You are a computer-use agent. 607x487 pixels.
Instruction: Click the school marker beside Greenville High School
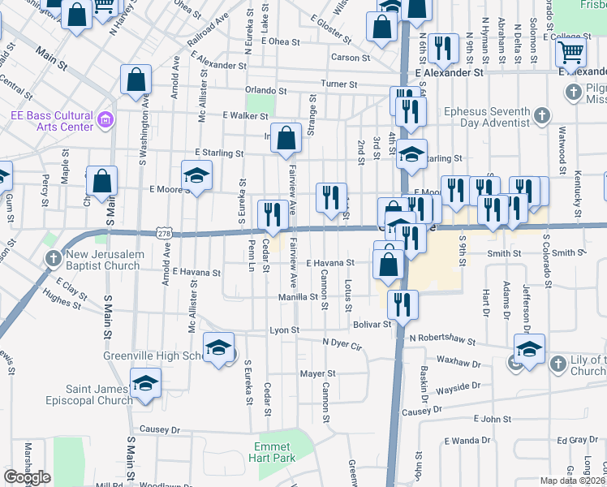(x=217, y=347)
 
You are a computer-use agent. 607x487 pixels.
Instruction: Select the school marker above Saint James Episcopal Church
(x=145, y=383)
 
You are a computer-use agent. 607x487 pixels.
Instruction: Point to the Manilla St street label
(x=299, y=297)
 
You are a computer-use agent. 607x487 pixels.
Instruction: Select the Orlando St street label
(x=269, y=90)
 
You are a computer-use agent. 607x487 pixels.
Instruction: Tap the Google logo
(x=27, y=477)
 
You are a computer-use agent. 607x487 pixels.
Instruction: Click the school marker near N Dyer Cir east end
(x=529, y=349)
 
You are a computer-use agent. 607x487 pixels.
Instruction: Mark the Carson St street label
(x=351, y=58)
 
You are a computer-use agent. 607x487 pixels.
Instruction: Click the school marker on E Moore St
(x=196, y=175)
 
